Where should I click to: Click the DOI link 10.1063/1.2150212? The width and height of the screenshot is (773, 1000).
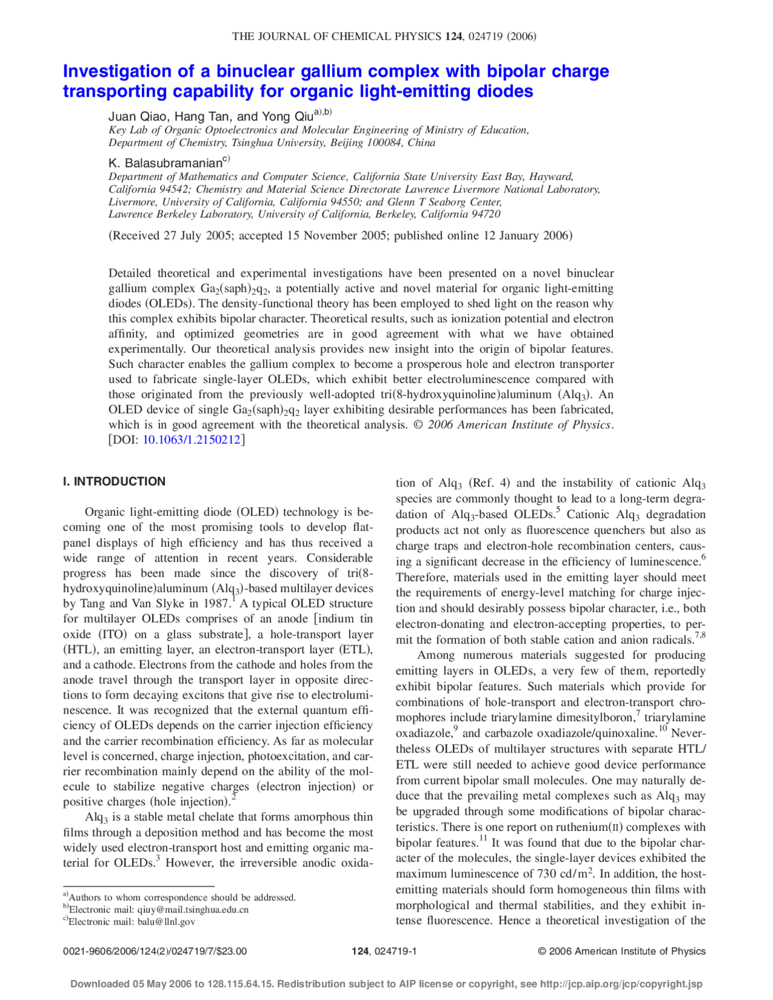click(x=191, y=440)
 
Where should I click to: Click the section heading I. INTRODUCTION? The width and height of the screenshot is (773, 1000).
click(x=114, y=481)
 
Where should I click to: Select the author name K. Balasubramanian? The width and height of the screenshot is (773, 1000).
click(x=165, y=163)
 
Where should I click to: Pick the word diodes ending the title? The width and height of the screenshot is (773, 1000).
click(x=503, y=91)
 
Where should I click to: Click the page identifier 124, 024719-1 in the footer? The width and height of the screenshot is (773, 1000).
click(x=384, y=951)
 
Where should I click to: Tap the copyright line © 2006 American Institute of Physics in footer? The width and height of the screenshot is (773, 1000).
click(x=621, y=951)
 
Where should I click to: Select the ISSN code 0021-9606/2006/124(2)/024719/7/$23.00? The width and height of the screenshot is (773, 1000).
click(x=155, y=951)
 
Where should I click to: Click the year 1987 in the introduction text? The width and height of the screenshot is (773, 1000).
click(x=216, y=603)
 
